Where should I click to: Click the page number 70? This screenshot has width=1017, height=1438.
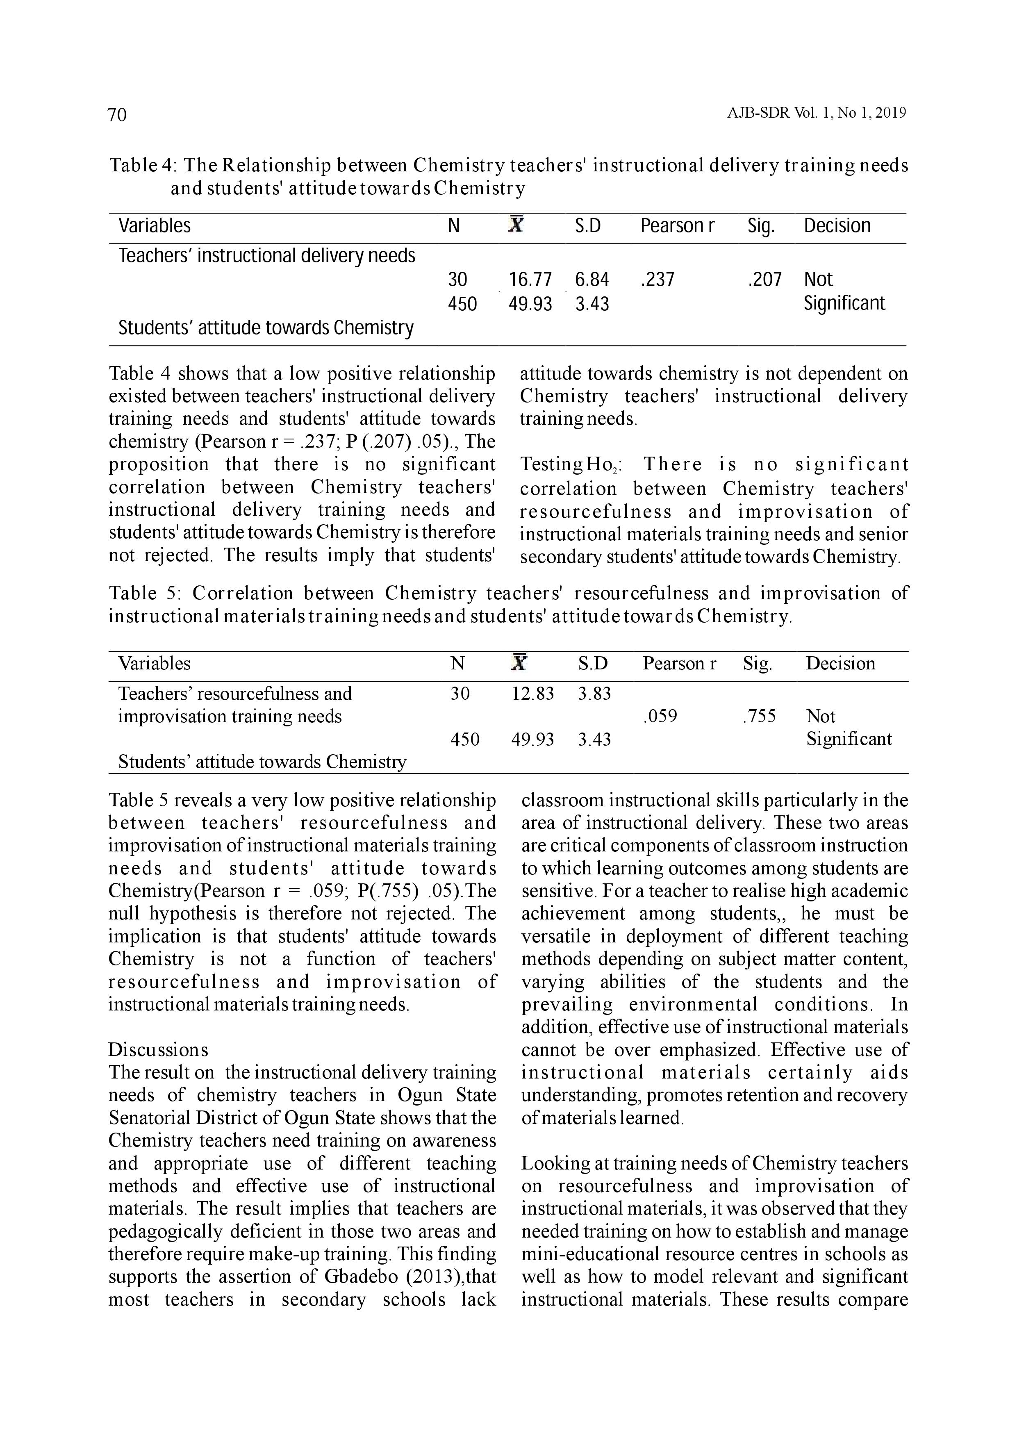pyautogui.click(x=117, y=115)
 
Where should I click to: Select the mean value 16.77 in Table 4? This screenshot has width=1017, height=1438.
pyautogui.click(x=530, y=279)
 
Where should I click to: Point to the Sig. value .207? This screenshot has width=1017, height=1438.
pyautogui.click(x=764, y=279)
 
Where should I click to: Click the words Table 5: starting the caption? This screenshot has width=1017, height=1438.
pyautogui.click(x=146, y=594)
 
